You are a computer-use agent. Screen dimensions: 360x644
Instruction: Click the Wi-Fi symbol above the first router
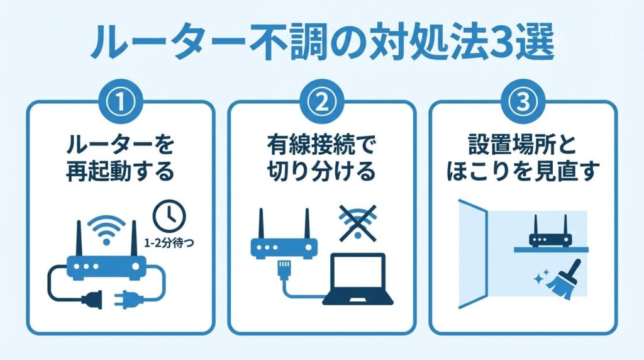click(x=106, y=228)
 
